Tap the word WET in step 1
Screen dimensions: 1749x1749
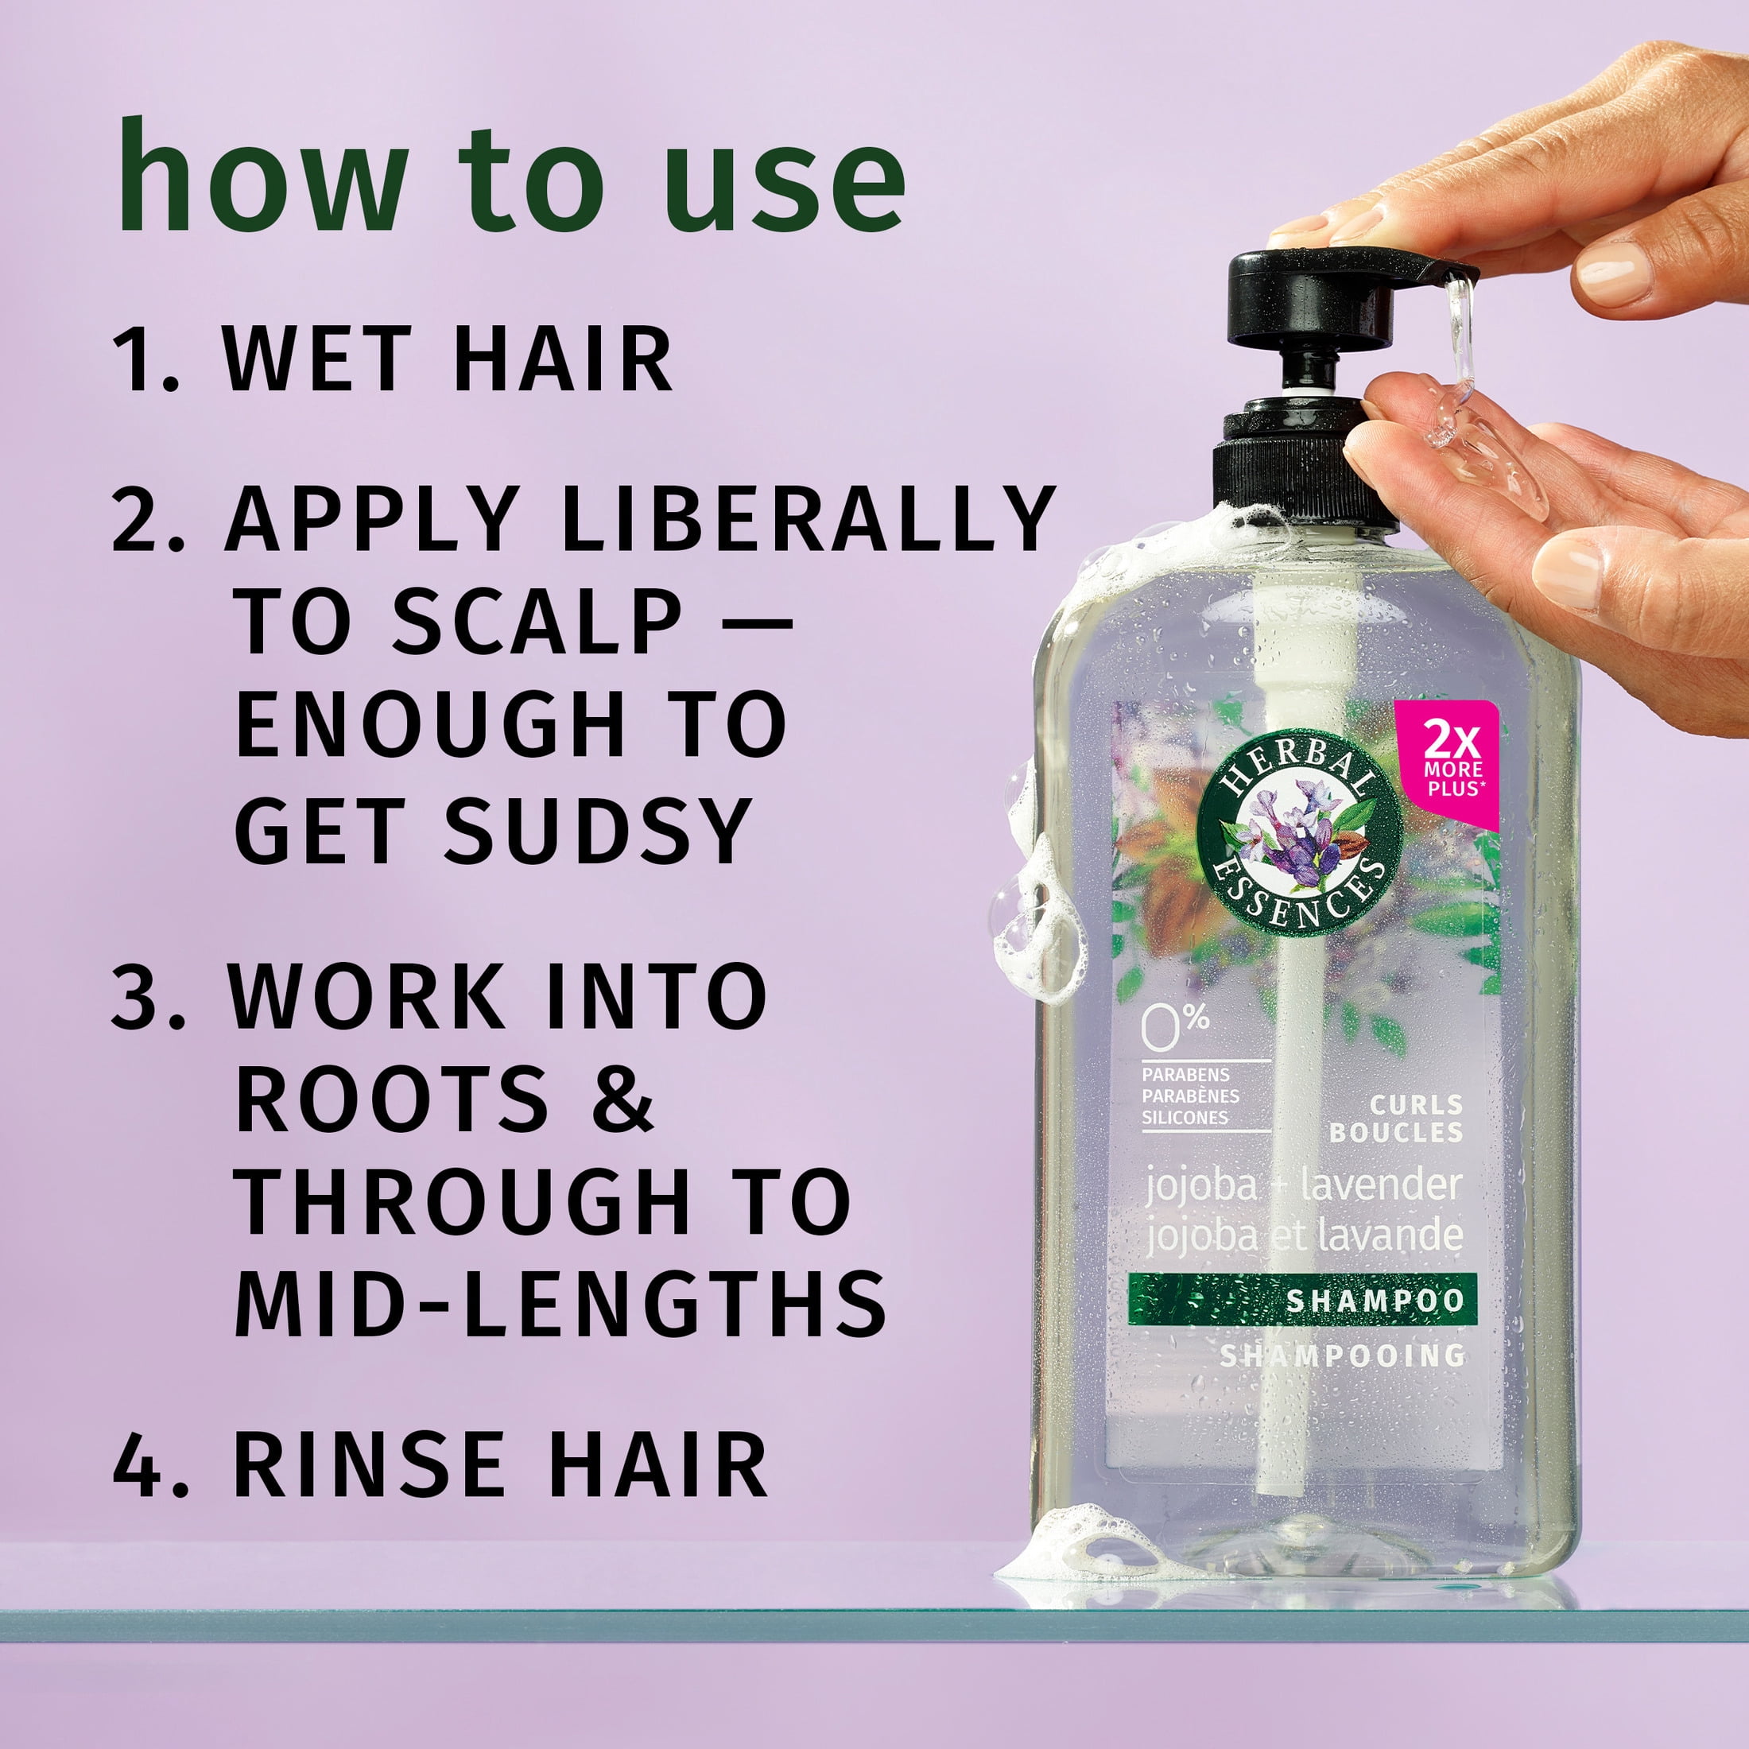pyautogui.click(x=318, y=359)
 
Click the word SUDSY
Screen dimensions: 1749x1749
pyautogui.click(x=598, y=831)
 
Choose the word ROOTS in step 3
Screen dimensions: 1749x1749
pyautogui.click(x=392, y=1098)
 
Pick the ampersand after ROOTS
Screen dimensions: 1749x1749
pyautogui.click(x=622, y=1098)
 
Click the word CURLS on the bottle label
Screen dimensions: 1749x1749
pyautogui.click(x=1416, y=1104)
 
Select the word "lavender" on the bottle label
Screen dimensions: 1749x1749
pyautogui.click(x=1382, y=1185)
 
